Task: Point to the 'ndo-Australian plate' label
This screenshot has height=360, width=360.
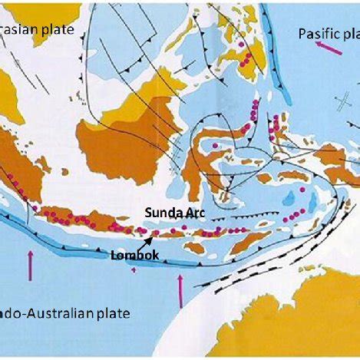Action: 65,312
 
